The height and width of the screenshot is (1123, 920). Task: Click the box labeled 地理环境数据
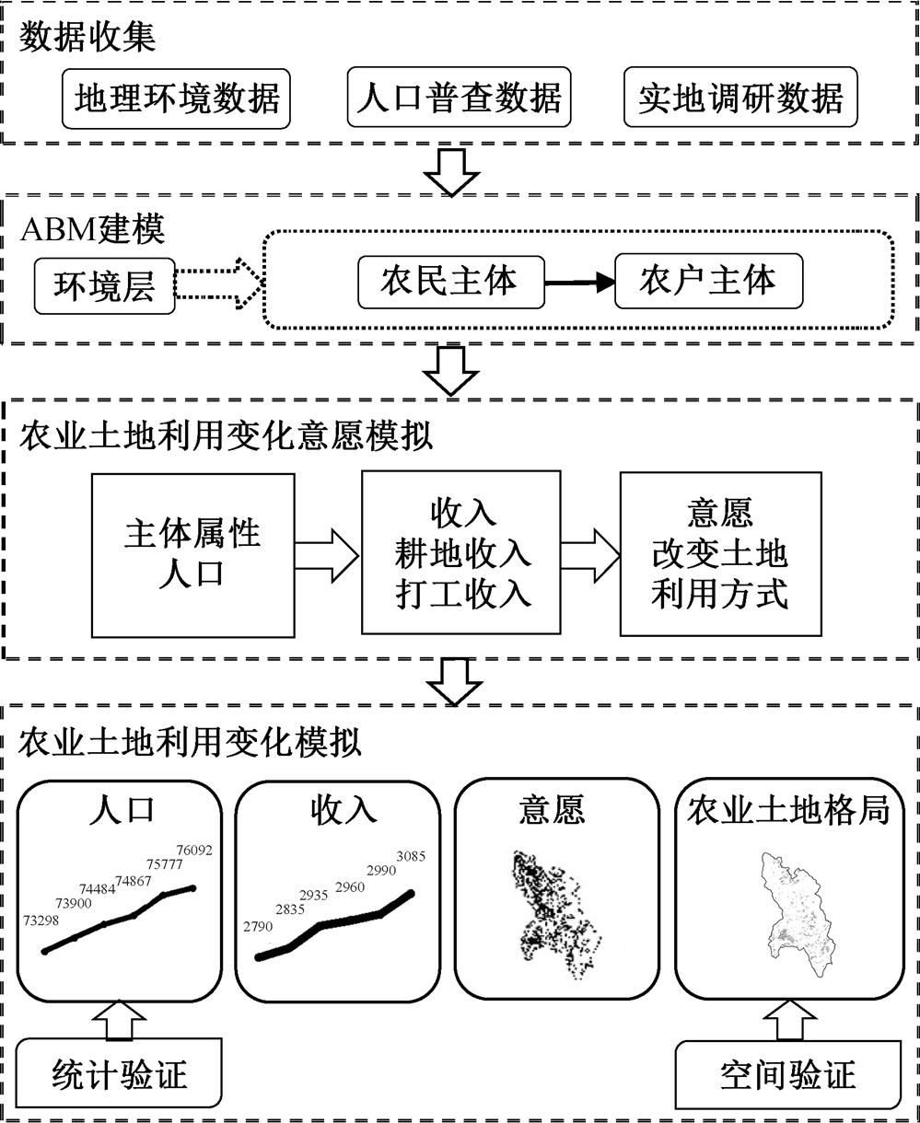point(176,97)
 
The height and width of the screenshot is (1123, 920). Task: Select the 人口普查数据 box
point(458,97)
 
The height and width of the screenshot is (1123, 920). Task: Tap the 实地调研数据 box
point(739,97)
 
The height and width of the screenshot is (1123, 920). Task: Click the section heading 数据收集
point(88,38)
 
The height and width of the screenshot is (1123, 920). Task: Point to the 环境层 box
point(104,286)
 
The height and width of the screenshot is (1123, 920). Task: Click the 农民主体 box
point(449,282)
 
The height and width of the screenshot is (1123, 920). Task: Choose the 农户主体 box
point(707,282)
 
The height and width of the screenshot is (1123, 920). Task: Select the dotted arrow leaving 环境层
point(218,284)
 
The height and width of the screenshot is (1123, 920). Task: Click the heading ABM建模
point(93,229)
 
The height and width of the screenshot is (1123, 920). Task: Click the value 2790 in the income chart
point(258,926)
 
